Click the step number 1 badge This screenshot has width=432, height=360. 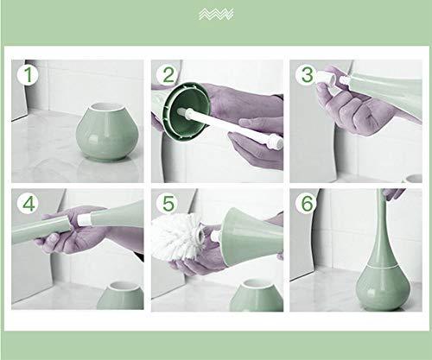[30, 76]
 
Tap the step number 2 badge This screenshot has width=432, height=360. [169, 76]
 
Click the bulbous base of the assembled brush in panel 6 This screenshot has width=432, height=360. [363, 285]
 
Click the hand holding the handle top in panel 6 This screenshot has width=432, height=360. [393, 196]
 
